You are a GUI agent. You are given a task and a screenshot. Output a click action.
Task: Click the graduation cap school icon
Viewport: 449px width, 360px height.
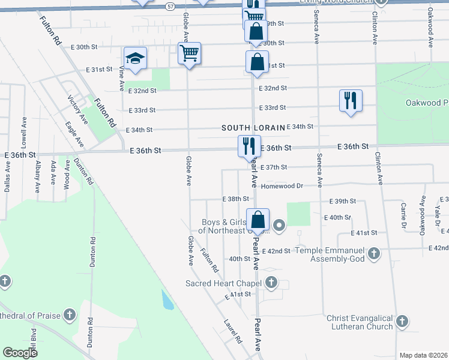click(x=136, y=58)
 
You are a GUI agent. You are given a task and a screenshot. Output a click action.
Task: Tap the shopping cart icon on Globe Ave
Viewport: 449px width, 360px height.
click(x=190, y=53)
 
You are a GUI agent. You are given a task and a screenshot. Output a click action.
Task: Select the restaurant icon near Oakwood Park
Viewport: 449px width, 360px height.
click(x=351, y=100)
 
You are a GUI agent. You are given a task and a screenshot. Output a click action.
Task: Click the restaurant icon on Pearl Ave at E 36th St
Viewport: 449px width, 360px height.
click(x=249, y=146)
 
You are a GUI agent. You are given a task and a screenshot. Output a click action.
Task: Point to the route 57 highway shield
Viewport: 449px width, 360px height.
click(x=171, y=6)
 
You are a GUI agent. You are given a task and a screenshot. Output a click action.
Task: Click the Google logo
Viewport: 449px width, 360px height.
click(x=20, y=352)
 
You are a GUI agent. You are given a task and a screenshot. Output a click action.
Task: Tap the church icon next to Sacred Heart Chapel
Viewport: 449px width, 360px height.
click(x=271, y=282)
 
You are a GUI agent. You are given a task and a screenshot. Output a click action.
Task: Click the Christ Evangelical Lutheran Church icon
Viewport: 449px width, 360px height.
click(x=402, y=322)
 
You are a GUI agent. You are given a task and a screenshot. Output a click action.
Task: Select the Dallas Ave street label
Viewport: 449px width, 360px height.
click(x=7, y=179)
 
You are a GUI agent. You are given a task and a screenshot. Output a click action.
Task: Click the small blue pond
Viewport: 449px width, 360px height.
click(x=167, y=299)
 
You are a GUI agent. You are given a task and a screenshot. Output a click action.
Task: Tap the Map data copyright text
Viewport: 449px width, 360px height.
click(x=424, y=355)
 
